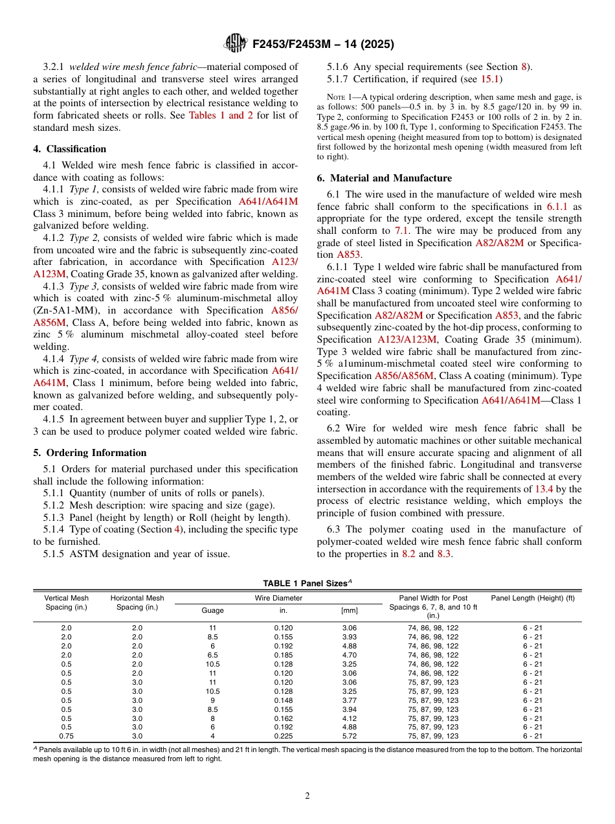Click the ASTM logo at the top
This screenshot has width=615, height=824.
coord(234,43)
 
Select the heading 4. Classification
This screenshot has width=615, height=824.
coord(70,149)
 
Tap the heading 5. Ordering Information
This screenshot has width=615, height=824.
coord(90,453)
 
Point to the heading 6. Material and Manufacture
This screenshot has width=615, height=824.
coord(385,178)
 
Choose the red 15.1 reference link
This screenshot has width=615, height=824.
coord(489,79)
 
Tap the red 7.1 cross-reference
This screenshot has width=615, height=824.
coord(402,231)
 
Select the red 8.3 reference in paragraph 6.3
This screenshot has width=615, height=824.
coord(444,554)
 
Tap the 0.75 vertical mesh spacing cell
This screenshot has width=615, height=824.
coord(66,736)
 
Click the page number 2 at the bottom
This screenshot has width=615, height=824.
coord(307,796)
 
